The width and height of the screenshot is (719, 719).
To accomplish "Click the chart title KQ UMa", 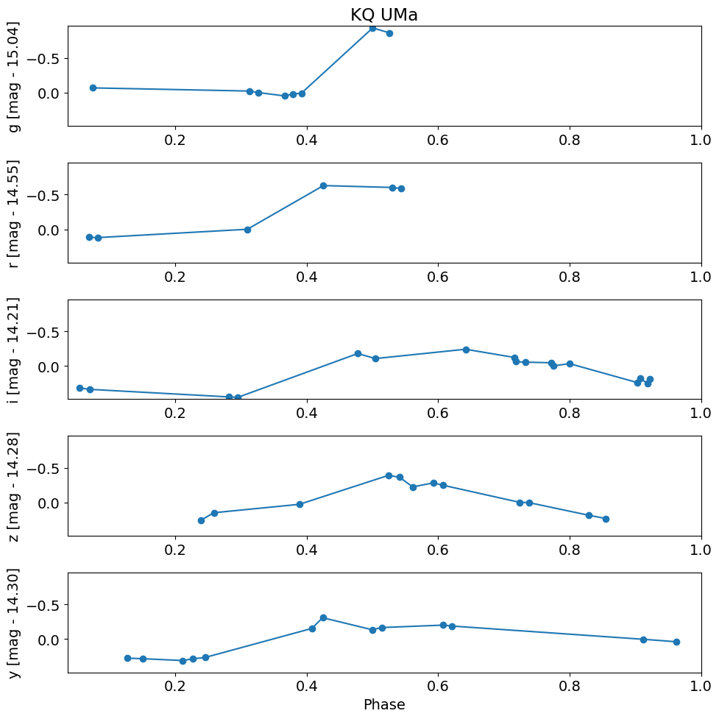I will point(383,15).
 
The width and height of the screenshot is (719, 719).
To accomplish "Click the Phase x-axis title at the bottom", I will point(383,704).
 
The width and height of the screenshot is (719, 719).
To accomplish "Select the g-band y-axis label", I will point(14,77).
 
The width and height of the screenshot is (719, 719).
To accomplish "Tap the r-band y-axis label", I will point(14,213).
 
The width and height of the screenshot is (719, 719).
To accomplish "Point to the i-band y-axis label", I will point(14,350).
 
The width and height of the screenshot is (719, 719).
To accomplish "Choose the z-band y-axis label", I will point(14,486).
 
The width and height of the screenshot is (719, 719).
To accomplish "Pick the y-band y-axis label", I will point(14,623).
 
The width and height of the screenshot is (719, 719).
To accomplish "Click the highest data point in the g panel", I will point(372,28).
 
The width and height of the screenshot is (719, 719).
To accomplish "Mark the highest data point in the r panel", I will point(323,185).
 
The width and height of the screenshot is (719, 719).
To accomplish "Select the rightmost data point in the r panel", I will point(401,188).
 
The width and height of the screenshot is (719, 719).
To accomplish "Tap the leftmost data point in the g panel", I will point(93,88).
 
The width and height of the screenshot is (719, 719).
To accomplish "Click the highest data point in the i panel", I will point(466,350).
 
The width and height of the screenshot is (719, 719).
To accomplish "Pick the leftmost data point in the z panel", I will point(201,520).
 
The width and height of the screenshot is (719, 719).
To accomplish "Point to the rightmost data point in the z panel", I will point(606,519).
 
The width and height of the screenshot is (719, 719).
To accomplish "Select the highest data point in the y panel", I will point(323,617).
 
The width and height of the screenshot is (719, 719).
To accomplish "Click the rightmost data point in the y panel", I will point(676,642).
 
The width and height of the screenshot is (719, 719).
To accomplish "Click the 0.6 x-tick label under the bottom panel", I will point(438,687).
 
